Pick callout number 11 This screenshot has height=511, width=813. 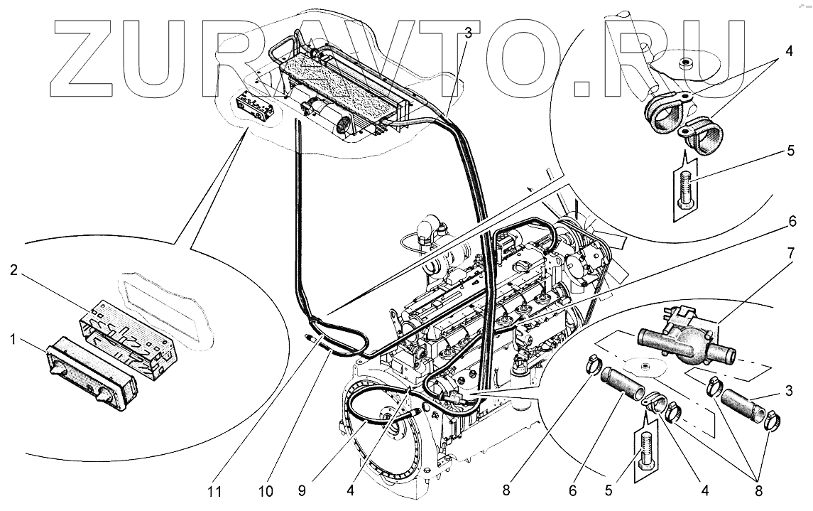pos(215,490)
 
